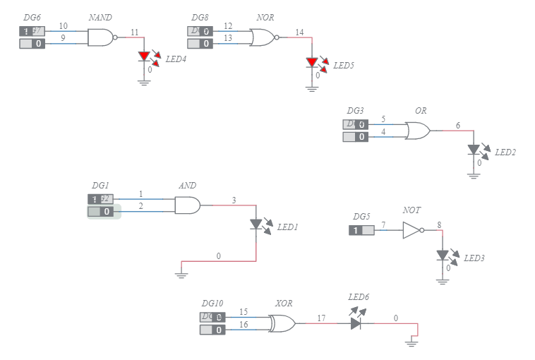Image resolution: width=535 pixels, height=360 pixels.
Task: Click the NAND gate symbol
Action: [100, 37]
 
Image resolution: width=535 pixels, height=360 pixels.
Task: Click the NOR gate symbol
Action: [263, 37]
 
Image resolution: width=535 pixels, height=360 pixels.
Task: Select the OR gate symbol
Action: [417, 131]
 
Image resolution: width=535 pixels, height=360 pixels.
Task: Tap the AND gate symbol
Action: [187, 205]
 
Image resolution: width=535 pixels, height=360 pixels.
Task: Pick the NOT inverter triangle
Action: [412, 230]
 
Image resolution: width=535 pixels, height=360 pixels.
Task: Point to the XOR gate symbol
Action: [283, 323]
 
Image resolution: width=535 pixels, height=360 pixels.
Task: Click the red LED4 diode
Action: [144, 56]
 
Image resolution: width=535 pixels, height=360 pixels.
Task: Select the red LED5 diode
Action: [312, 63]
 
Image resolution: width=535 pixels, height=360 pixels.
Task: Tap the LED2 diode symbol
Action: [474, 150]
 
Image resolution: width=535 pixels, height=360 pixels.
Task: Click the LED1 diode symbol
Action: [256, 224]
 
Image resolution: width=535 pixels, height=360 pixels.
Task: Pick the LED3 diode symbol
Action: [443, 255]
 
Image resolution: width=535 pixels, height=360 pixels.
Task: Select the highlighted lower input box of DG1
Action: [103, 211]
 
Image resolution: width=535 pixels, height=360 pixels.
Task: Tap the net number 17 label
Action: [321, 318]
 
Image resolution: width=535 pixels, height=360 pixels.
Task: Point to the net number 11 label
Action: [135, 32]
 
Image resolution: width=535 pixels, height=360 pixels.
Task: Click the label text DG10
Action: [212, 304]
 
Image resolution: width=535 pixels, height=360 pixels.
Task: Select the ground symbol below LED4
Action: [144, 82]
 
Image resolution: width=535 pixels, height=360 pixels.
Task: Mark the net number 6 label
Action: [457, 126]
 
